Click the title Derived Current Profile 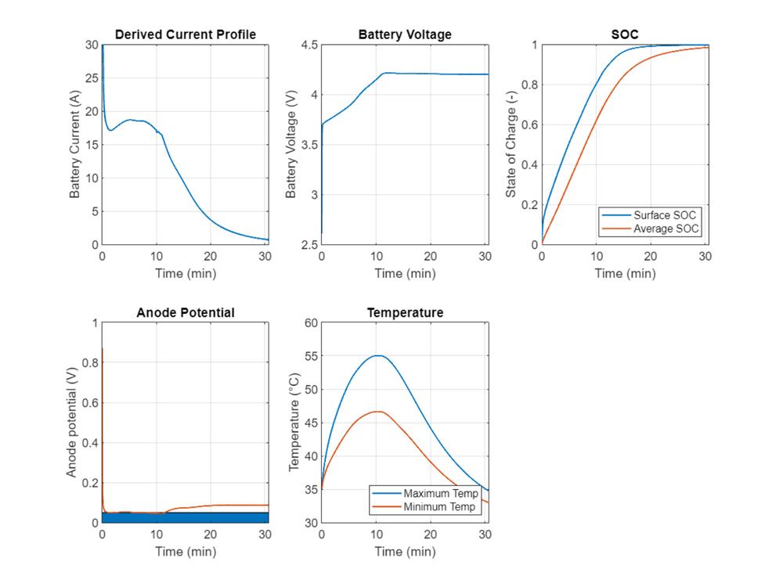[x=186, y=34]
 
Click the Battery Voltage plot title [x=405, y=34]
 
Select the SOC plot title [x=625, y=34]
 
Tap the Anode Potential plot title [x=186, y=312]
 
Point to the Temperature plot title [x=405, y=312]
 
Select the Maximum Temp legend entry [x=441, y=494]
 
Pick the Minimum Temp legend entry [x=440, y=507]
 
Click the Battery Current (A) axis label [x=75, y=144]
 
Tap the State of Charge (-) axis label [x=511, y=144]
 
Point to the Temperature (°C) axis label [x=294, y=423]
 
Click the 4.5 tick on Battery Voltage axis [x=307, y=45]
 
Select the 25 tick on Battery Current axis [x=91, y=78]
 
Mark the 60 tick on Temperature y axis [x=309, y=323]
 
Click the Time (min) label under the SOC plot [x=625, y=273]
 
